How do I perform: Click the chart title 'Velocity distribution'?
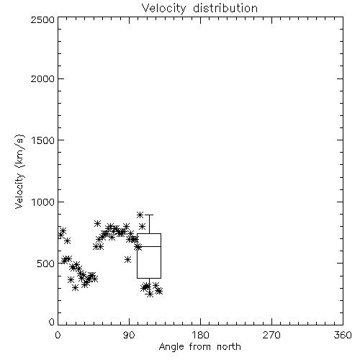point(199,9)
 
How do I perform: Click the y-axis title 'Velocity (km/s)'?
point(19,171)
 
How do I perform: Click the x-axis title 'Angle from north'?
point(199,347)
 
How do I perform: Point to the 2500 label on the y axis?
point(42,19)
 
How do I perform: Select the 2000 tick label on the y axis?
point(42,78)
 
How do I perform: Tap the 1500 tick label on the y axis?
point(43,140)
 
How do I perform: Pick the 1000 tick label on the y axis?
point(43,202)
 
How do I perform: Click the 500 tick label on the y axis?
point(46,264)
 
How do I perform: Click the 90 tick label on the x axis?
point(129,335)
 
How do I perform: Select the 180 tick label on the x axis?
point(200,335)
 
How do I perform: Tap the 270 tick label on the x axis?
point(271,335)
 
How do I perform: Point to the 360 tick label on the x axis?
point(343,335)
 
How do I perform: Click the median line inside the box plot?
point(149,246)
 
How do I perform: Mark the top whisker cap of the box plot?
point(150,215)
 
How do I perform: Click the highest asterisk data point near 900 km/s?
point(140,215)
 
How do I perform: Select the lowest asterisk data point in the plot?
point(150,294)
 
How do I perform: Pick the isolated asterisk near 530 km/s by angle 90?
point(127,259)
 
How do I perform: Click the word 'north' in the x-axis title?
point(229,347)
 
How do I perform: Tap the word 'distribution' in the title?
point(225,8)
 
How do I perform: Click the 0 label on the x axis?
point(58,335)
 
